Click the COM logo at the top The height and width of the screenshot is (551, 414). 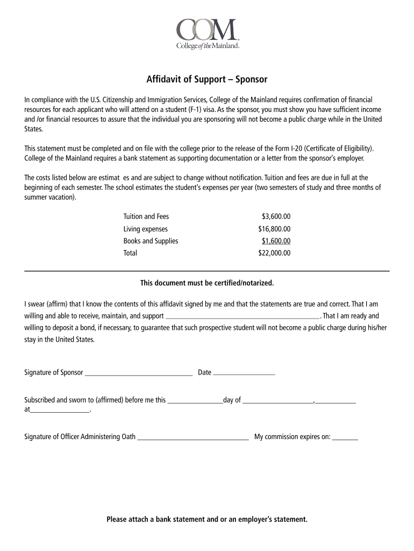pyautogui.click(x=207, y=33)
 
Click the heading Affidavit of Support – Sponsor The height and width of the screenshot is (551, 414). pyautogui.click(x=207, y=80)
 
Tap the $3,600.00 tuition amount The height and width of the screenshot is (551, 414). pyautogui.click(x=276, y=216)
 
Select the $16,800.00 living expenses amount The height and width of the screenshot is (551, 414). pyautogui.click(x=274, y=229)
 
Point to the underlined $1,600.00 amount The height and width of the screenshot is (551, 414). pyautogui.click(x=276, y=241)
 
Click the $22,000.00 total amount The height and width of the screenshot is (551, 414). pyautogui.click(x=274, y=253)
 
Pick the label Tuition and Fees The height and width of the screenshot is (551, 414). pyautogui.click(x=146, y=216)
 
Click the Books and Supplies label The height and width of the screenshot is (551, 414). pyautogui.click(x=151, y=241)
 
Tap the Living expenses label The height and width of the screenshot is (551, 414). pyautogui.click(x=146, y=229)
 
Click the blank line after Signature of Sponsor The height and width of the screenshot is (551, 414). pyautogui.click(x=139, y=373)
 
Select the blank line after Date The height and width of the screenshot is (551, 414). pyautogui.click(x=244, y=373)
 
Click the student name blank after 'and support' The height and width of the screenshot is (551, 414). pyautogui.click(x=243, y=317)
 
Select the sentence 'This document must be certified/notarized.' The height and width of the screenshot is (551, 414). pyautogui.click(x=207, y=282)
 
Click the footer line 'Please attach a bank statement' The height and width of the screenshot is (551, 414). pyautogui.click(x=207, y=519)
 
